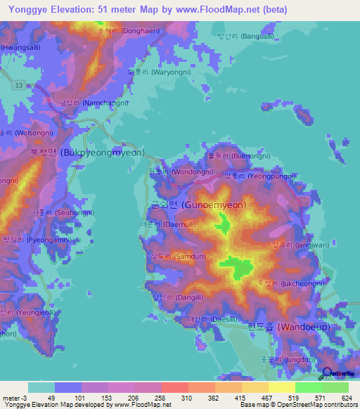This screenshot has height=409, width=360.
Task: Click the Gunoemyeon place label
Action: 204,204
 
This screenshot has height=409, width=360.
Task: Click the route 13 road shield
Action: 19,85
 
